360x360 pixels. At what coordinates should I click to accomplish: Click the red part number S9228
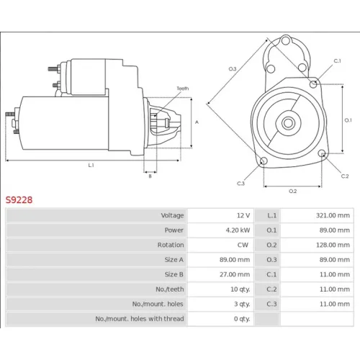pos(19,199)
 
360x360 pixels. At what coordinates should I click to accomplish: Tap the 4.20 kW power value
pos(238,230)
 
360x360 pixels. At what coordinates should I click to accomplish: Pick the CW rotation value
pos(243,245)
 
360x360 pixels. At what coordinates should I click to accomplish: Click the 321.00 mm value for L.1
pos(333,215)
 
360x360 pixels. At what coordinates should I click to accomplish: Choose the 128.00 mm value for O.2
pos(333,245)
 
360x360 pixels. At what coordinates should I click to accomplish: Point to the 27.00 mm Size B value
pos(235,274)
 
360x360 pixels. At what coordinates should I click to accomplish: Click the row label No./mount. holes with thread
pos(140,319)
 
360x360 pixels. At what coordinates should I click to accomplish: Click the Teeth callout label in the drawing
pos(183,89)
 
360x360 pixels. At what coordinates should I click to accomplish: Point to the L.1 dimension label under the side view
pos(91,165)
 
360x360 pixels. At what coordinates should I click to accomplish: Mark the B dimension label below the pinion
pos(150,176)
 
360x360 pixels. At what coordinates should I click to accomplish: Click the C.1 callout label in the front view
pos(338,61)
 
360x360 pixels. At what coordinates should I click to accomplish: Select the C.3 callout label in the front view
pos(240,184)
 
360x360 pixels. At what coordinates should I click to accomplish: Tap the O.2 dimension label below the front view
pos(292,192)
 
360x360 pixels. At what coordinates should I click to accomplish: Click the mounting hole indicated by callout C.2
pos(322,153)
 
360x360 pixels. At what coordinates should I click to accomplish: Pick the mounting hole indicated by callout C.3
pos(264,161)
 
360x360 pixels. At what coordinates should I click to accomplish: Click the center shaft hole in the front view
pos(288,123)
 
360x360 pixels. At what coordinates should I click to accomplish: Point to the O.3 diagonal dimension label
pos(233,69)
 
